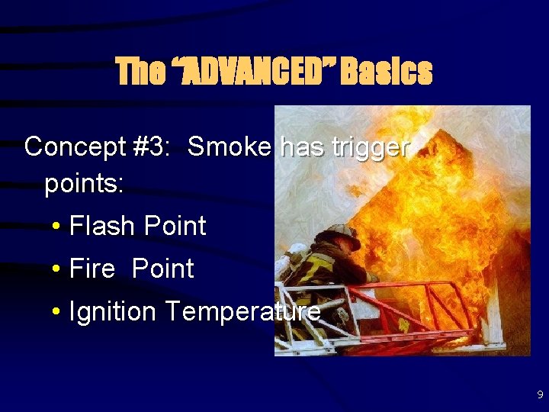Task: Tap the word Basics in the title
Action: click(387, 72)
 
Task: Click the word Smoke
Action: click(229, 146)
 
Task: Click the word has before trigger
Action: click(303, 146)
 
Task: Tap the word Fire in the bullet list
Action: click(91, 269)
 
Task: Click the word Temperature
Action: click(242, 311)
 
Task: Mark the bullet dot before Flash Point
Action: click(57, 227)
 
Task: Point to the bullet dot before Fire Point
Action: click(57, 269)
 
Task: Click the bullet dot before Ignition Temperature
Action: click(57, 312)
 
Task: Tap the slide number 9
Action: click(540, 395)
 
